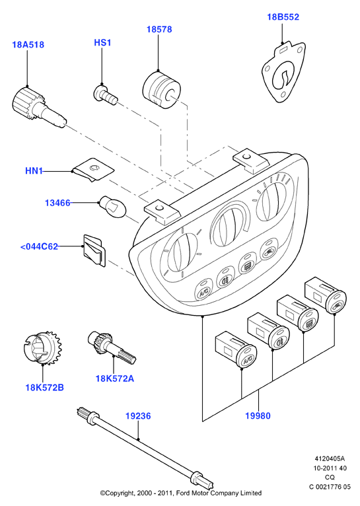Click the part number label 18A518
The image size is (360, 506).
(28, 44)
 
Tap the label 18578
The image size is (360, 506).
(159, 29)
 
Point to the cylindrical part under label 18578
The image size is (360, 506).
(161, 89)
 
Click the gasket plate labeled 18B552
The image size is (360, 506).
(283, 71)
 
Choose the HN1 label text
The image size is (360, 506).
(34, 170)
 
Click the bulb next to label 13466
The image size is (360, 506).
(112, 208)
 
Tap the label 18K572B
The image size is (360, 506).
(44, 388)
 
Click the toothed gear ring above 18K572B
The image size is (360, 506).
(43, 347)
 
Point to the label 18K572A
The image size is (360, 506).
(114, 379)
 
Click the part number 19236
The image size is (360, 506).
(138, 416)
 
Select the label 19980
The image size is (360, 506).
(258, 416)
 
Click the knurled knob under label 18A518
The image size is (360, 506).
(38, 106)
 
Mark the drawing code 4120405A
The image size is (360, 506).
(330, 458)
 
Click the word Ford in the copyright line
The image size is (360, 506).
(184, 493)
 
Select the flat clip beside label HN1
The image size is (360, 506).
(93, 169)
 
